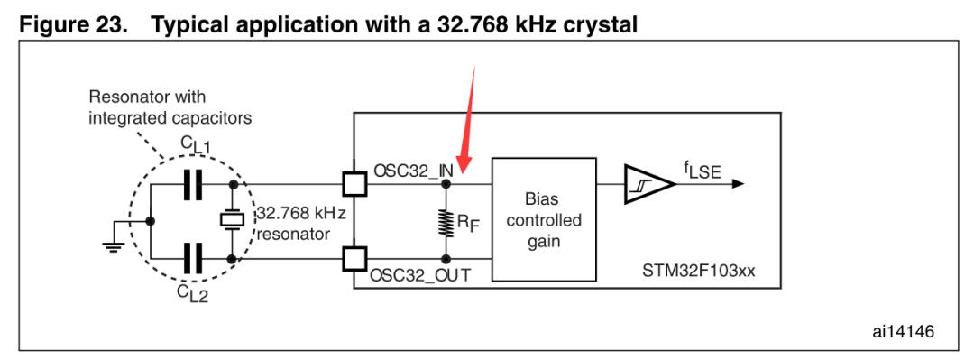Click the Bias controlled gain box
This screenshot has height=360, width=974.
[544, 220]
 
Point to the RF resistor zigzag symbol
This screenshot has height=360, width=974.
[446, 221]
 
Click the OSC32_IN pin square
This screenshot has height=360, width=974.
[354, 184]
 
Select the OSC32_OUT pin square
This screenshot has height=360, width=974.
[354, 258]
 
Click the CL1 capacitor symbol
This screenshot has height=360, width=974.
[193, 185]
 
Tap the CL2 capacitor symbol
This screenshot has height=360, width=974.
[193, 257]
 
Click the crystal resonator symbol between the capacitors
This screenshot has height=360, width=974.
[233, 220]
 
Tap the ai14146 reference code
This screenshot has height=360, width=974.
[903, 332]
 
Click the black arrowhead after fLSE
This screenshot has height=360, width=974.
[738, 184]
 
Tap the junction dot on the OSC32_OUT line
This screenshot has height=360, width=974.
[446, 258]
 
